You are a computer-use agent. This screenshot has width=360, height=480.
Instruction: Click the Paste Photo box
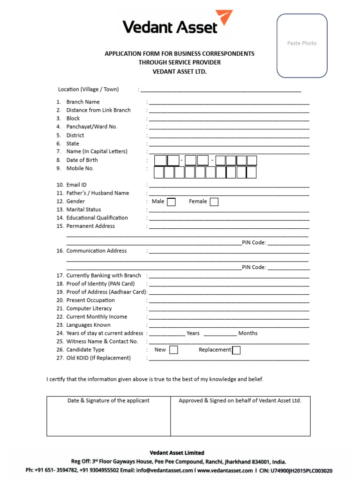tap(302, 45)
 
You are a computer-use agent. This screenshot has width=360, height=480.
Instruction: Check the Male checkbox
tap(172, 202)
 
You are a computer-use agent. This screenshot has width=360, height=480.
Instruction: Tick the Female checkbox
tap(214, 202)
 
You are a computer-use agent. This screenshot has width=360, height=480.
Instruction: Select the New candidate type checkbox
tap(173, 350)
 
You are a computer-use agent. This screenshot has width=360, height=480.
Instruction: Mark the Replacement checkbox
tap(236, 350)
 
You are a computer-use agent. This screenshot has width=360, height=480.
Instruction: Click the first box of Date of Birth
tap(160, 161)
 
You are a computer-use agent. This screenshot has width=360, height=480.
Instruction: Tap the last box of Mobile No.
tap(251, 172)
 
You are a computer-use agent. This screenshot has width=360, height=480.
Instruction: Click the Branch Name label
tap(83, 102)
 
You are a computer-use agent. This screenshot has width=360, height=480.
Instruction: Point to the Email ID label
tap(76, 185)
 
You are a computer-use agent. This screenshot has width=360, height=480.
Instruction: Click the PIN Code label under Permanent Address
tap(254, 242)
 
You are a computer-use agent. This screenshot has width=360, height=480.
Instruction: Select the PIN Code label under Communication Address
tap(254, 267)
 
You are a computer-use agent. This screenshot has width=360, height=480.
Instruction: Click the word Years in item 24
tap(193, 333)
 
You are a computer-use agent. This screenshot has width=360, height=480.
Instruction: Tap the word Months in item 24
tap(247, 333)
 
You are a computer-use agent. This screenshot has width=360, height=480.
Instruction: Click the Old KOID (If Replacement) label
tap(98, 358)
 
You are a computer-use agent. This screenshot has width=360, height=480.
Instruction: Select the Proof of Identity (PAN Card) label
tap(100, 284)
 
